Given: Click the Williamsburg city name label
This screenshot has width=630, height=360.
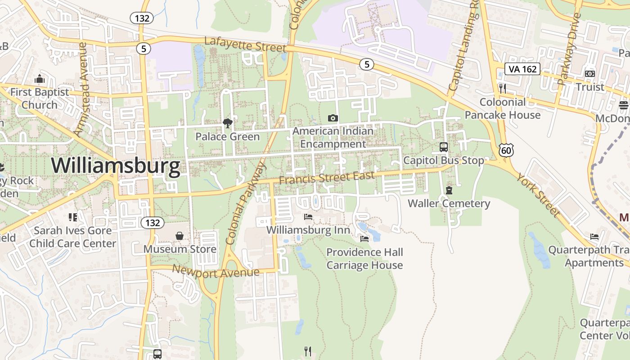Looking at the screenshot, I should [116, 166].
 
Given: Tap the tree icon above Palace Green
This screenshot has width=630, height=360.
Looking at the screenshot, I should [228, 123].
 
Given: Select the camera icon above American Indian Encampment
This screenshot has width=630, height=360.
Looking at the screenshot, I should [333, 118].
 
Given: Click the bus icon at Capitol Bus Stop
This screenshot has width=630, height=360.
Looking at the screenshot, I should [444, 147].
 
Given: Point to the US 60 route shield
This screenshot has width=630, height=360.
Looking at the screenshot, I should [506, 150].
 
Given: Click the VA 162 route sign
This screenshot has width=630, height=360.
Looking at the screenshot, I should [522, 69].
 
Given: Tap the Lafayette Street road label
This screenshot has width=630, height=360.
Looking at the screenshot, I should [245, 44].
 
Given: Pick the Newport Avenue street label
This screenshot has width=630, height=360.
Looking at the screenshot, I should [216, 272].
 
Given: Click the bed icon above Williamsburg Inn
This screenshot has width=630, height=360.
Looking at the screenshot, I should [308, 217].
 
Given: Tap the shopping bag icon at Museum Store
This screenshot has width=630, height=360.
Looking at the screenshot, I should [180, 236].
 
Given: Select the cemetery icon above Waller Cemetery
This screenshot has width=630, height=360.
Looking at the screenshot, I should [449, 190].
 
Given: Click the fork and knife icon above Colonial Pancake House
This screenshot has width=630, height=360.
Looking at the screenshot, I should [503, 89].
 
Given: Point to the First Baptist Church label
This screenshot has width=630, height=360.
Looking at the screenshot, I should [40, 98].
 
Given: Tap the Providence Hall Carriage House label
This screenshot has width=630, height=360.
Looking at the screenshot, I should [364, 258].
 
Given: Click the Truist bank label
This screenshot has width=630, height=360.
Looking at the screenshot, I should [590, 87].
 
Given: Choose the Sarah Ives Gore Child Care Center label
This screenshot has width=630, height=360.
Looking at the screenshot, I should [73, 237].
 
